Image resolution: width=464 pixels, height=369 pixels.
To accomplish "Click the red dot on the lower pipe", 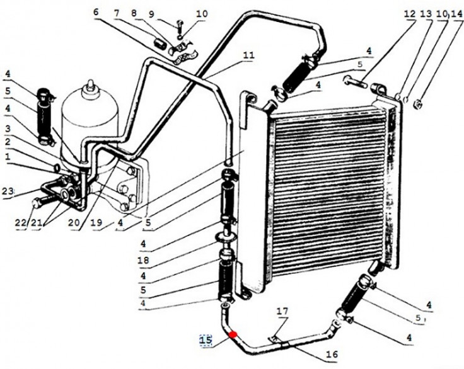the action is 233,334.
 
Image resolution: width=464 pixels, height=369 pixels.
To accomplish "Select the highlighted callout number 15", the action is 206,340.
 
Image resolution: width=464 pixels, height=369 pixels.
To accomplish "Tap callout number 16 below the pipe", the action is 332,354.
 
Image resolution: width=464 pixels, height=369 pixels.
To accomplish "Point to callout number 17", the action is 282,311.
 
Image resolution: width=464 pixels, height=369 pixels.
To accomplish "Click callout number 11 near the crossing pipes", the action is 248,55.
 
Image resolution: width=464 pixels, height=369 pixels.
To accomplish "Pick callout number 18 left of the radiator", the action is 143,261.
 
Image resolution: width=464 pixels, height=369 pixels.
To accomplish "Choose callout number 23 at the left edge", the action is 8,191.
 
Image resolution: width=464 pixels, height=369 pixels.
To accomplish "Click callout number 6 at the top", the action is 95,13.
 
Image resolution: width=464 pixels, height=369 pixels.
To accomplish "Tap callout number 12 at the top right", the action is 410,14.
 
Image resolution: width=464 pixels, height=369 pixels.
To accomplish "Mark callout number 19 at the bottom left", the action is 96,222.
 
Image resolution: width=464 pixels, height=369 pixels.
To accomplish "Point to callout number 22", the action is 20,222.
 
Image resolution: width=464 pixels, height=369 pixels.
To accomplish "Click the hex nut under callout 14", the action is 418,103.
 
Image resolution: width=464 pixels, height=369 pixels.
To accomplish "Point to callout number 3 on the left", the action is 8,128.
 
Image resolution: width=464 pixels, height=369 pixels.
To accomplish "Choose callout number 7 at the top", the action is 117,13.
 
